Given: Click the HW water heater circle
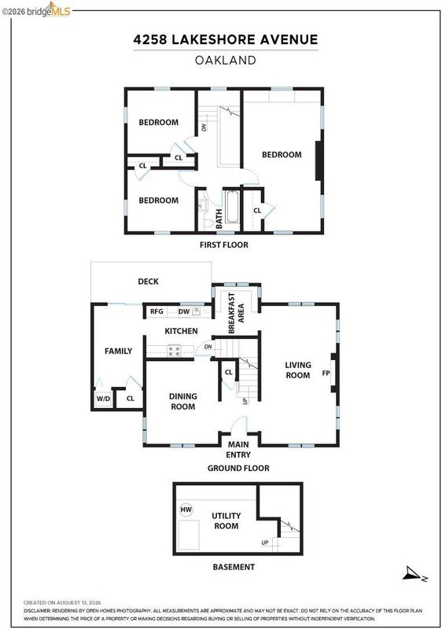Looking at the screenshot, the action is [x=186, y=509].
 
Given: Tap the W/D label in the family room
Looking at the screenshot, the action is [x=103, y=399].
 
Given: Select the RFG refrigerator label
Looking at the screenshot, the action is [x=157, y=311].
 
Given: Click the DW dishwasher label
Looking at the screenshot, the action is [x=184, y=311].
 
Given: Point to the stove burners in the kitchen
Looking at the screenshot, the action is [x=174, y=351].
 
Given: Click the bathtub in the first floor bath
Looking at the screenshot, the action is [x=232, y=207].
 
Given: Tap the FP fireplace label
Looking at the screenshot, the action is [x=326, y=373].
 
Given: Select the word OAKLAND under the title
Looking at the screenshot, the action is [x=226, y=61].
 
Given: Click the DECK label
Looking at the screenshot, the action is [x=148, y=281].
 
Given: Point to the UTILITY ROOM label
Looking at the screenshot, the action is [x=227, y=520].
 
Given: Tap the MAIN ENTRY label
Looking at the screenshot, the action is [x=238, y=450].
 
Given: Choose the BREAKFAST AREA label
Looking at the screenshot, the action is [x=236, y=313].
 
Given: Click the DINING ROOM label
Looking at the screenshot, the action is [x=183, y=401].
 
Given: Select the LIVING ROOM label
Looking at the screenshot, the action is [x=297, y=370].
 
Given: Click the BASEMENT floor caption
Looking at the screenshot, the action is [x=234, y=567].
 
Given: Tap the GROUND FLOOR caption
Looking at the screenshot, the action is [x=238, y=468].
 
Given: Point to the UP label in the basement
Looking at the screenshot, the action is [x=265, y=543].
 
